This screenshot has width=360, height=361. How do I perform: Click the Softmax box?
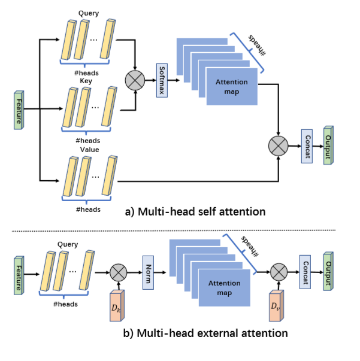pyautogui.click(x=162, y=80)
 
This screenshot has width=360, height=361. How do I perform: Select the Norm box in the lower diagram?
pyautogui.click(x=149, y=272)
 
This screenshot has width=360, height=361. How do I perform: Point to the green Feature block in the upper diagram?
pyautogui.click(x=18, y=110)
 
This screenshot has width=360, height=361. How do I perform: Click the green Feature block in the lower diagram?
pyautogui.click(x=18, y=272)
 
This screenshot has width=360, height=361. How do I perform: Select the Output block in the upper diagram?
pyautogui.click(x=328, y=145)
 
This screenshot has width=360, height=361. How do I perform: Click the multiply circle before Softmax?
pyautogui.click(x=134, y=79)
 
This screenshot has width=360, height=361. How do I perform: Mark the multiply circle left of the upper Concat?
pyautogui.click(x=279, y=145)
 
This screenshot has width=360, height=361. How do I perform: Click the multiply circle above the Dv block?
pyautogui.click(x=278, y=272)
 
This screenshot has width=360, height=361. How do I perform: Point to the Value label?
pyautogui.click(x=89, y=150)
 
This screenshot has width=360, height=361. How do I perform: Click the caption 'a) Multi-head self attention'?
pyautogui.click(x=195, y=211)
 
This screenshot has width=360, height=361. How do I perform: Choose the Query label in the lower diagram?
pyautogui.click(x=68, y=244)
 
